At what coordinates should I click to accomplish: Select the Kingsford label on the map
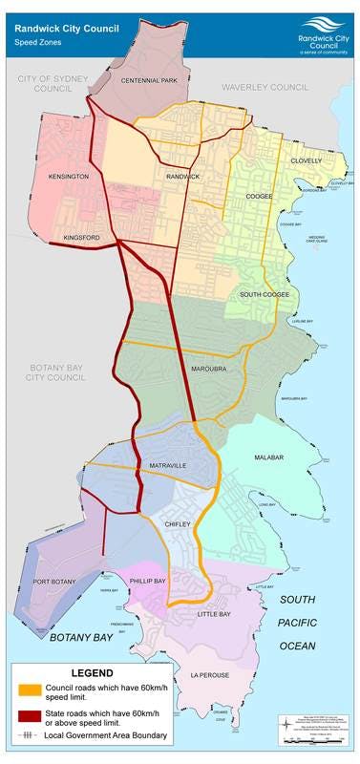(x=82, y=238)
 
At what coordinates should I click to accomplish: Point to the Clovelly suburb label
(x=307, y=160)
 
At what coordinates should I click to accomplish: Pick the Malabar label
(x=269, y=457)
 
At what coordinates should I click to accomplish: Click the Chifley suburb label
(x=179, y=523)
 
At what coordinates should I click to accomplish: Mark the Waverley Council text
(x=265, y=87)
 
